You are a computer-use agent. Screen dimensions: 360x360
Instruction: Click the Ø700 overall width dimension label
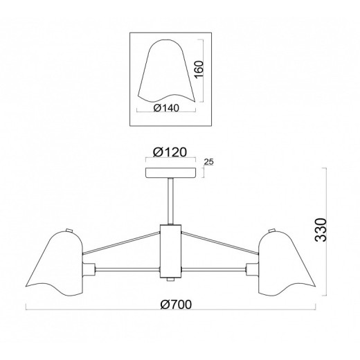(x=176, y=305)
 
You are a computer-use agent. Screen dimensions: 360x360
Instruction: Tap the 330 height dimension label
(x=321, y=230)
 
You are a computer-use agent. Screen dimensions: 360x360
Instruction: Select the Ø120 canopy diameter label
(x=170, y=152)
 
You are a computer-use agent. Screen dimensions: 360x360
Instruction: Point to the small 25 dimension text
(x=209, y=162)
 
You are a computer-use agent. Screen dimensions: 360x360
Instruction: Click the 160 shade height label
(x=199, y=69)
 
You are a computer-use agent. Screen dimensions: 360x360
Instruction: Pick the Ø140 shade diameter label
(x=166, y=108)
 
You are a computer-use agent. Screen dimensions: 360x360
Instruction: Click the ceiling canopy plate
(x=171, y=172)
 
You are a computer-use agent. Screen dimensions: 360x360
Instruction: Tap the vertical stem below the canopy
(x=171, y=201)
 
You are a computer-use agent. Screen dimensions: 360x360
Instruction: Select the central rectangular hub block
(x=171, y=251)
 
